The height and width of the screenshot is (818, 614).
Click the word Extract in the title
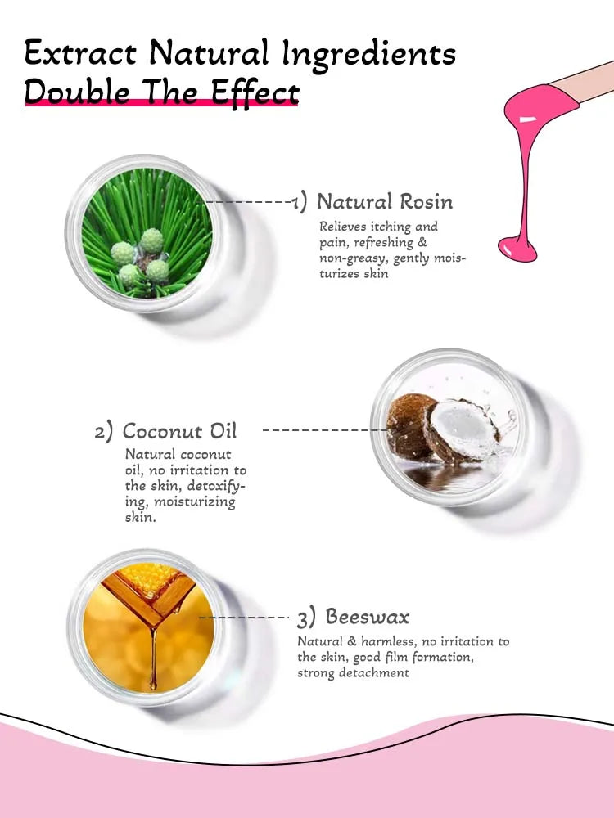(x=80, y=52)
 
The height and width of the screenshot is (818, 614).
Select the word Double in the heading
(x=77, y=92)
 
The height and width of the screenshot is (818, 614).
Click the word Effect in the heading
(x=255, y=93)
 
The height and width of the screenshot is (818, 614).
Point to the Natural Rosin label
(x=384, y=201)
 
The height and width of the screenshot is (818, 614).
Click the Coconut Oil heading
(x=179, y=431)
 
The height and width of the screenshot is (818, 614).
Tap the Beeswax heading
(x=368, y=617)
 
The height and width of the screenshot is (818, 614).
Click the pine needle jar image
(x=147, y=232)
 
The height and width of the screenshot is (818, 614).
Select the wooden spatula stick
(x=584, y=82)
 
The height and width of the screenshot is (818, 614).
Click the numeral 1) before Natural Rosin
(x=299, y=202)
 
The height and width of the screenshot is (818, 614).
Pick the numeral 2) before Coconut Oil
(x=103, y=433)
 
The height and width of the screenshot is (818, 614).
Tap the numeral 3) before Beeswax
(x=306, y=618)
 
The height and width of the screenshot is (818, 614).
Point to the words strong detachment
(x=353, y=672)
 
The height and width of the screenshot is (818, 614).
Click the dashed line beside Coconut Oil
(x=325, y=430)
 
